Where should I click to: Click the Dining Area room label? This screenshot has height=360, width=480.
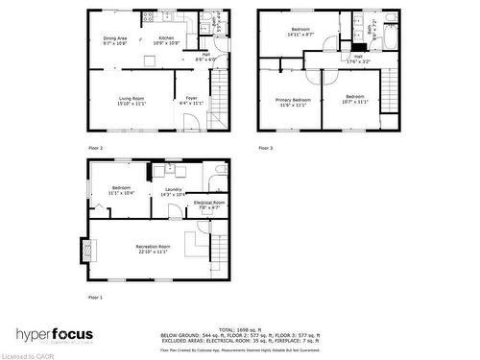[x=115, y=40]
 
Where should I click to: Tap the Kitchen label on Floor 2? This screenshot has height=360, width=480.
[x=167, y=40]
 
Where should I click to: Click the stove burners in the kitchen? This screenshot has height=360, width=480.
[x=149, y=16]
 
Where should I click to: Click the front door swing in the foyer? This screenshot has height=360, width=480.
[x=193, y=121]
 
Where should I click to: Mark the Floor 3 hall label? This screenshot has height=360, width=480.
[x=357, y=59]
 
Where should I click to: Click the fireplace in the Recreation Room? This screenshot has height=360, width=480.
[x=90, y=249]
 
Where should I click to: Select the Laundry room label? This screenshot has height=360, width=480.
[x=173, y=191]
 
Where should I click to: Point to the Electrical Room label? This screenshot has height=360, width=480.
[x=209, y=204]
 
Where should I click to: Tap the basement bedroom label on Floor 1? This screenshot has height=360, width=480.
[x=121, y=189]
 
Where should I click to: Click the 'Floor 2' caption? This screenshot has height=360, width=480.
[x=95, y=148]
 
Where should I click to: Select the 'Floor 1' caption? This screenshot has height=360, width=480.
[x=95, y=298]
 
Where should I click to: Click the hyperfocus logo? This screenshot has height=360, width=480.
[x=53, y=335]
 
